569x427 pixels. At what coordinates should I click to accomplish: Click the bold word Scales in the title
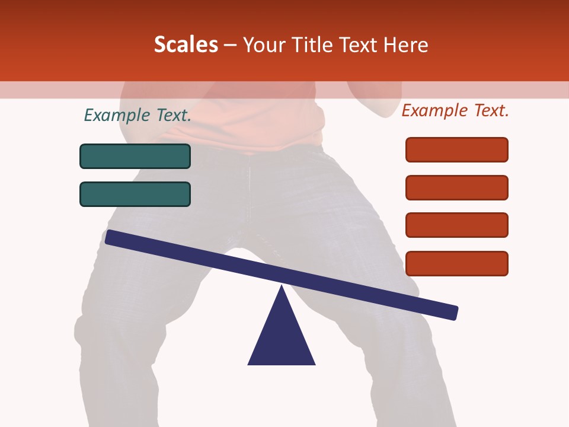tap(186, 45)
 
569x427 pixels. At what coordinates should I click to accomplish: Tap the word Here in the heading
tap(406, 45)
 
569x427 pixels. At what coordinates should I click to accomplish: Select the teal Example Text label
tap(138, 115)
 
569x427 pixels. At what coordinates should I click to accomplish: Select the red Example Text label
tap(455, 110)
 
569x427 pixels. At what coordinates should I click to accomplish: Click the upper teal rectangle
tap(135, 156)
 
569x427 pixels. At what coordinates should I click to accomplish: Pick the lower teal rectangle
tap(135, 194)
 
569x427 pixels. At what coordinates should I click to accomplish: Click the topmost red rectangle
tap(457, 149)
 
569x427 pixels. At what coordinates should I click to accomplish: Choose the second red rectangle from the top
tap(457, 187)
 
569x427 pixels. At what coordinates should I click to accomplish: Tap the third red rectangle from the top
tap(457, 225)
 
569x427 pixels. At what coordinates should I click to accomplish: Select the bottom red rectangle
tap(457, 263)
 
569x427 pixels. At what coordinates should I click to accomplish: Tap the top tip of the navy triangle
tap(282, 287)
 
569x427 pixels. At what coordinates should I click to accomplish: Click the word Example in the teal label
tap(116, 115)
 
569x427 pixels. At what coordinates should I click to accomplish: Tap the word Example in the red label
tap(434, 110)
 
